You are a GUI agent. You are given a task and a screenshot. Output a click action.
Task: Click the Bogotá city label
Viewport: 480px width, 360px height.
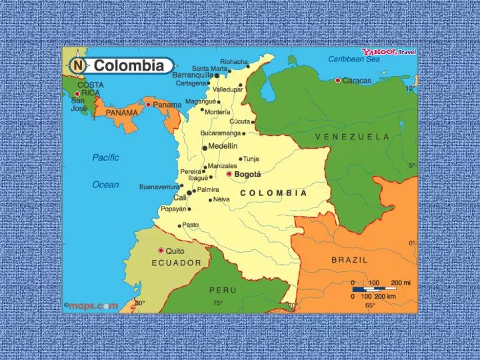click(247, 174)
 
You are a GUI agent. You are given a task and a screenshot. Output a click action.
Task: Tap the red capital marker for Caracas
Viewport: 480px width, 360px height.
click(338, 80)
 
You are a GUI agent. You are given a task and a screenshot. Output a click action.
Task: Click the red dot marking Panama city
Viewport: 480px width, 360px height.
click(148, 104)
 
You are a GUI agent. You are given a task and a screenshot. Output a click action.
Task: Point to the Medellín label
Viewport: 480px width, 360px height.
click(223, 146)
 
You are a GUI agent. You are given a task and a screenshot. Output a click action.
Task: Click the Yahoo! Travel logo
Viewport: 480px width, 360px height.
click(389, 52)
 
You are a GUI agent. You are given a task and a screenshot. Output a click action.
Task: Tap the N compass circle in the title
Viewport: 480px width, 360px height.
click(78, 65)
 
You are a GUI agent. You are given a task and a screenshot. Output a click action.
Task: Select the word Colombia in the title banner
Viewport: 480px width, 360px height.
click(128, 65)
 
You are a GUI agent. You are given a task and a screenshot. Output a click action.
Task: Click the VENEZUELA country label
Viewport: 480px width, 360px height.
click(352, 137)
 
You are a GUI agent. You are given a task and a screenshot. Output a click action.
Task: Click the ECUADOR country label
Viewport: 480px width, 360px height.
click(176, 263)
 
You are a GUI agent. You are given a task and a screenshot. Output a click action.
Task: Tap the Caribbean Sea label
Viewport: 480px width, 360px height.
click(353, 59)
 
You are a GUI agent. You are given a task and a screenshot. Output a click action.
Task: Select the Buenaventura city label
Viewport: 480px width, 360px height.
click(159, 187)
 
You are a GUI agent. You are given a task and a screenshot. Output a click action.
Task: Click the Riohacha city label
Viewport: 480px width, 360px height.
click(234, 61)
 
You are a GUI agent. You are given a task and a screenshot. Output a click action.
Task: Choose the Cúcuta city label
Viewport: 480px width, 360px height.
click(239, 122)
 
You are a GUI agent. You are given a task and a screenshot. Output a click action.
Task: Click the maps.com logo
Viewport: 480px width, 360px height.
click(91, 305)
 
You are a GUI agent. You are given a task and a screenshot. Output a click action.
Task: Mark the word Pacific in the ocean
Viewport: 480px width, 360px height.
click(105, 158)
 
